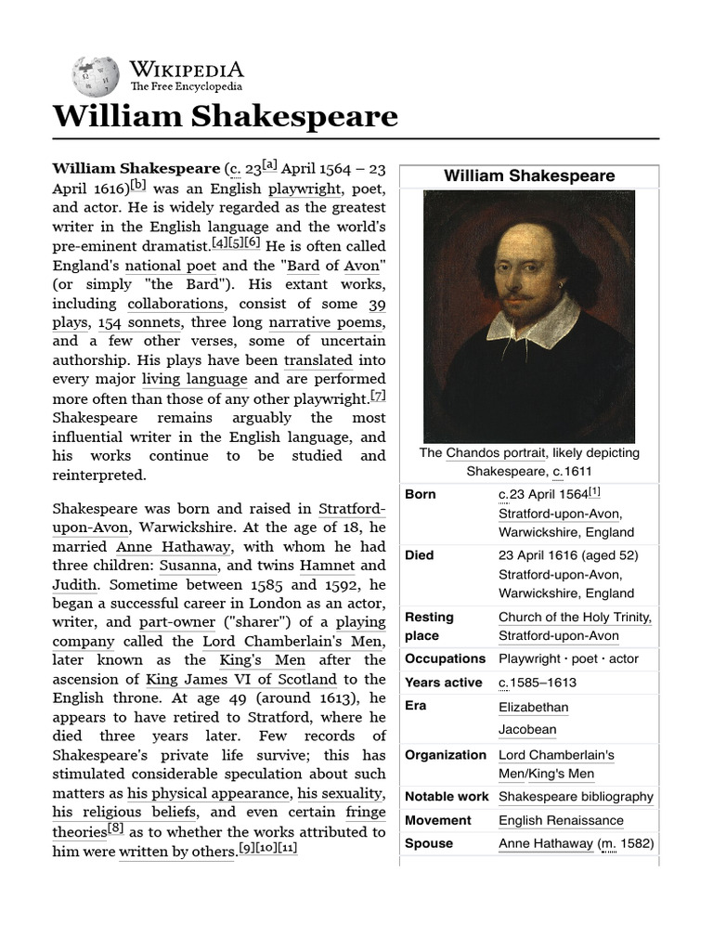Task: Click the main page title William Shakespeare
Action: [226, 117]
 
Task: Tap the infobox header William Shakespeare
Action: [528, 176]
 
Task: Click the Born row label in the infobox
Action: [421, 494]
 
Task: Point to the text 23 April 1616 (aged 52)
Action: [568, 555]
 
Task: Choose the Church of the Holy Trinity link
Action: [575, 617]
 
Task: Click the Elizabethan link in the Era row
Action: [533, 707]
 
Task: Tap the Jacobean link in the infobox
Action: [526, 730]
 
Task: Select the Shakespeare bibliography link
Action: [576, 797]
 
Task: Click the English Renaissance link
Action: [561, 820]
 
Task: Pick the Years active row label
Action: [444, 683]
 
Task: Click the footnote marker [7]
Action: [377, 396]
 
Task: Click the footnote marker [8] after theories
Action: [115, 829]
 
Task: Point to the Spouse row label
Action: [429, 843]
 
